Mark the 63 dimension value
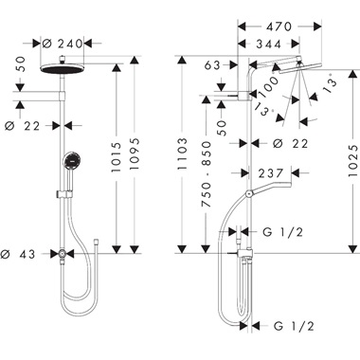pos(211,65)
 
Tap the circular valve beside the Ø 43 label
pos(63,254)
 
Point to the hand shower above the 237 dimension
pos(270,190)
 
